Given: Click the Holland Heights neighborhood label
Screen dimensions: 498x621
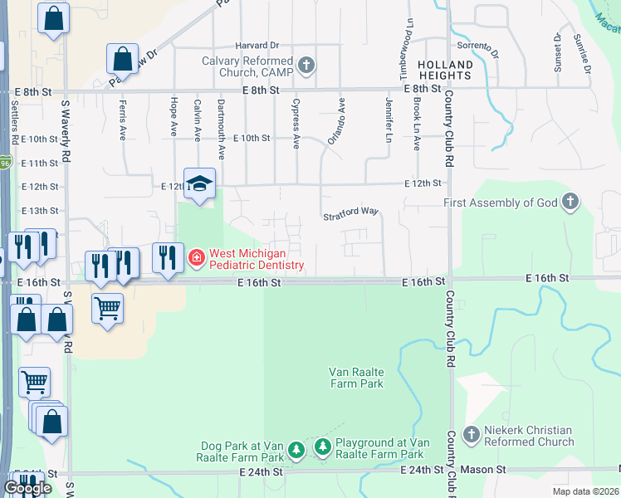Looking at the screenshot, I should pyautogui.click(x=445, y=70).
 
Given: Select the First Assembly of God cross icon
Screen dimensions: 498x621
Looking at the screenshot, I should pyautogui.click(x=570, y=202).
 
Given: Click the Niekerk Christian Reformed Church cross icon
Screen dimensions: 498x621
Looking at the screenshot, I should pyautogui.click(x=471, y=434).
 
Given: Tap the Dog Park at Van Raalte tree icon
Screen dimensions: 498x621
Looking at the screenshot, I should pyautogui.click(x=296, y=451).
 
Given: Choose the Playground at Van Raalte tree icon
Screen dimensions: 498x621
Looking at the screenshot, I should pyautogui.click(x=322, y=449).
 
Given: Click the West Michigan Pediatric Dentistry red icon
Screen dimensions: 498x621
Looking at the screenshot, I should pyautogui.click(x=196, y=258).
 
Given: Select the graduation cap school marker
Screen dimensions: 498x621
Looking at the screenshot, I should pyautogui.click(x=199, y=184).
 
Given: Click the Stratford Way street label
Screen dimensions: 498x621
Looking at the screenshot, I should pyautogui.click(x=350, y=212).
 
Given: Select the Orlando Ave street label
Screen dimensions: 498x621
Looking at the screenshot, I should pyautogui.click(x=335, y=121).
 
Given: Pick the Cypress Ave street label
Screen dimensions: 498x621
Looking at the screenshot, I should pyautogui.click(x=296, y=124).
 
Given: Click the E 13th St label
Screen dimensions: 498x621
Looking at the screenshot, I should pyautogui.click(x=40, y=211).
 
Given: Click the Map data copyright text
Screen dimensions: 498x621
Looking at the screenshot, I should pyautogui.click(x=586, y=491).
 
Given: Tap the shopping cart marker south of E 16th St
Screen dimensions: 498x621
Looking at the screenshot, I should pyautogui.click(x=108, y=308).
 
